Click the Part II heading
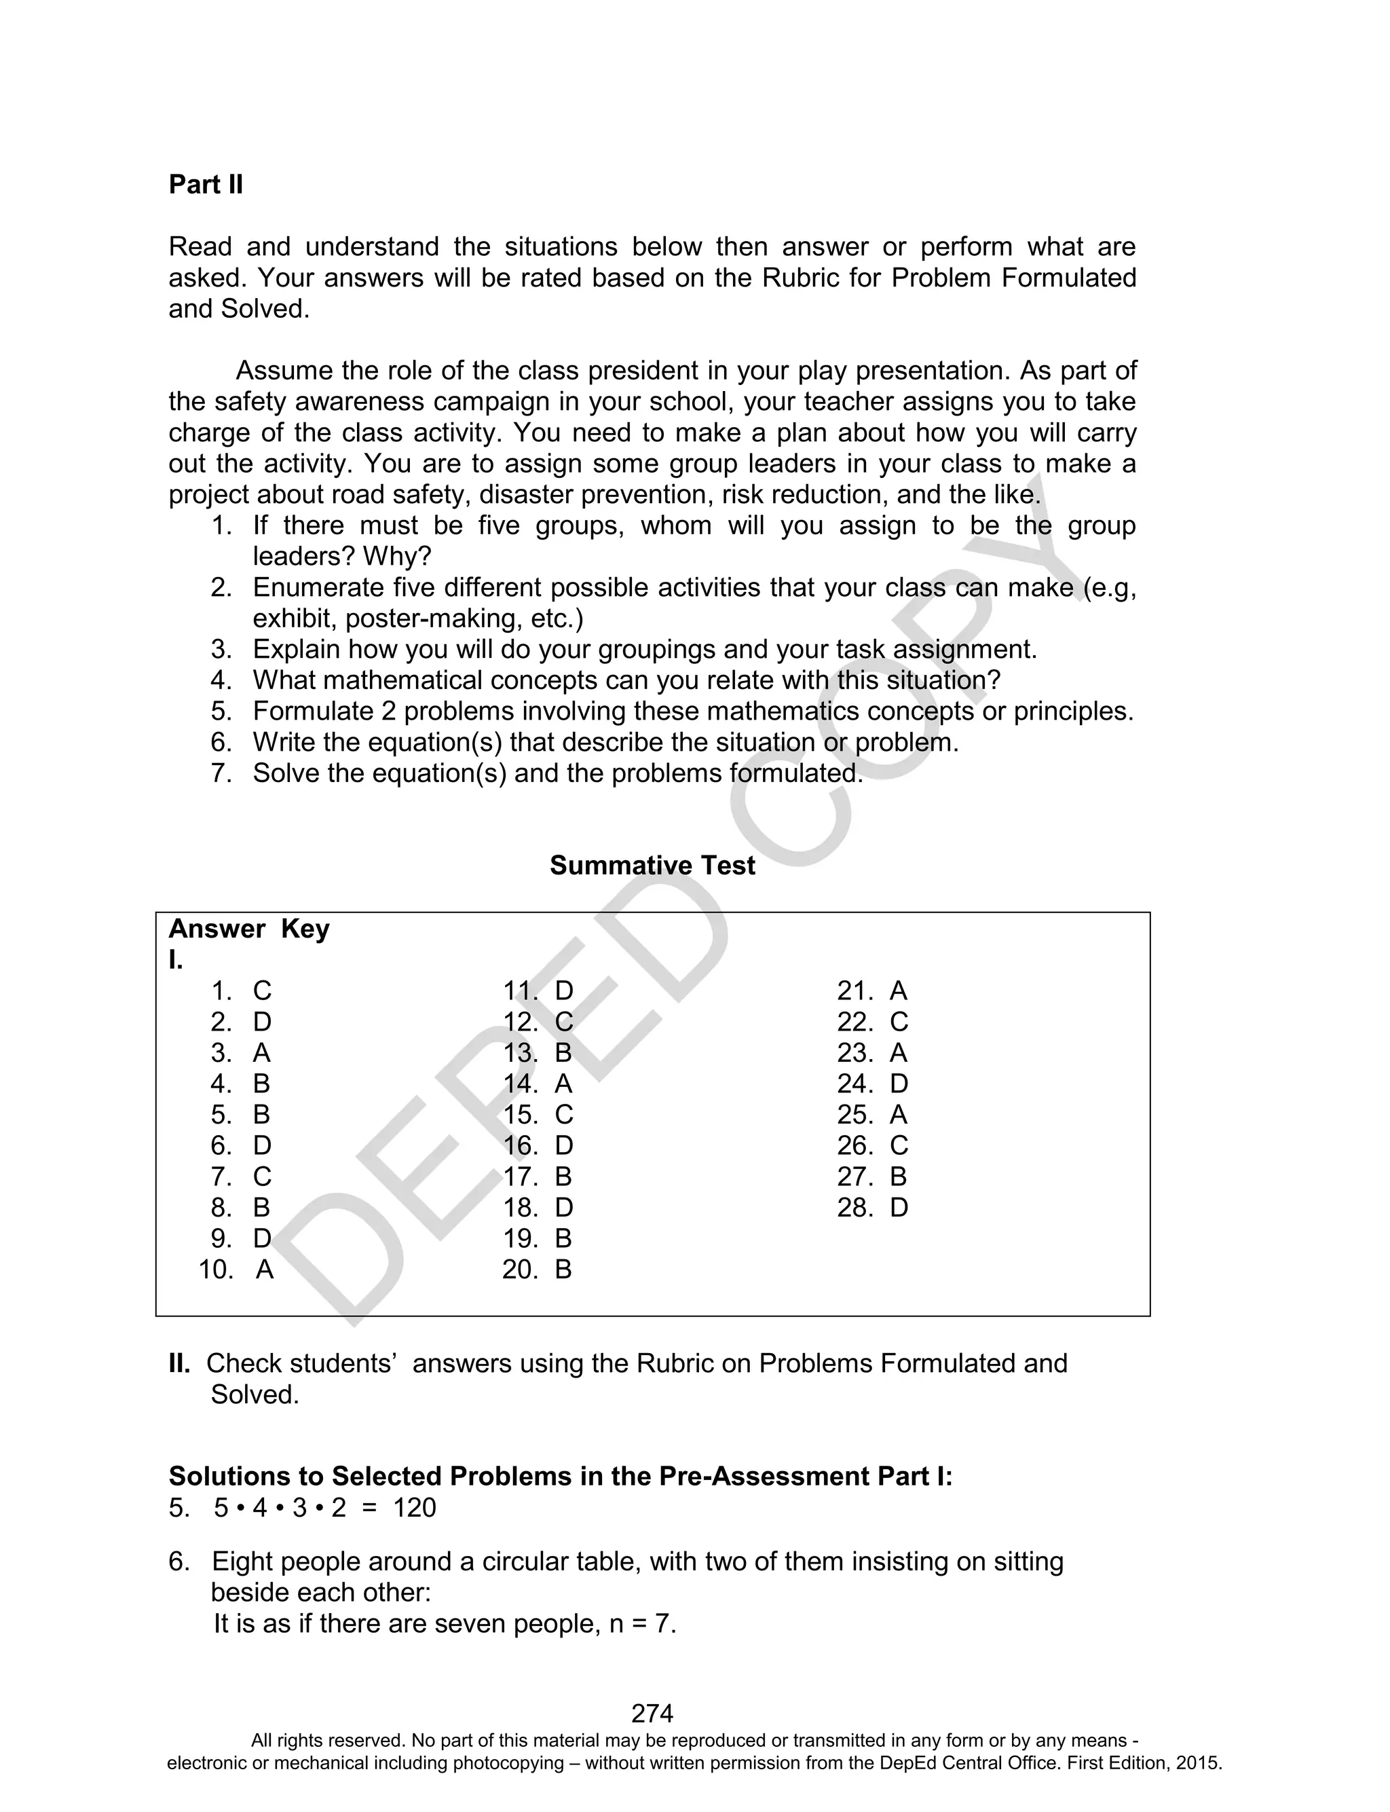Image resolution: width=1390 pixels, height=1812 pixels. [x=206, y=185]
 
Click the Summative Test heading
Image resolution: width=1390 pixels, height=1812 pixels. [x=652, y=866]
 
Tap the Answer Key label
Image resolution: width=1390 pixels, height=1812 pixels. [x=249, y=929]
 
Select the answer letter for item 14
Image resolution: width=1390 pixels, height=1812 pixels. [x=563, y=1084]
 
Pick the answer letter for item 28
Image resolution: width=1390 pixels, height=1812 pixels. [x=899, y=1208]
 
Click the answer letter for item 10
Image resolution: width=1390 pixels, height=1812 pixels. [x=264, y=1270]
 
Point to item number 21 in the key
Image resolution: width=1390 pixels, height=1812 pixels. [x=854, y=991]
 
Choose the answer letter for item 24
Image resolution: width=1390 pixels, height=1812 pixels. [x=899, y=1084]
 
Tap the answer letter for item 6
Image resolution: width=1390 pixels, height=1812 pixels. [x=261, y=1146]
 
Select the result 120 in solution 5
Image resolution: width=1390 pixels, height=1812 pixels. [x=414, y=1509]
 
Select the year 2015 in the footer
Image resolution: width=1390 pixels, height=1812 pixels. [x=1200, y=1763]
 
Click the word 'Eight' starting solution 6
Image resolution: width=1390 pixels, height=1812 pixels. [x=241, y=1562]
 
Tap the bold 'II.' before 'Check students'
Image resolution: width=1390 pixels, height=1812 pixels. [x=180, y=1363]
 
